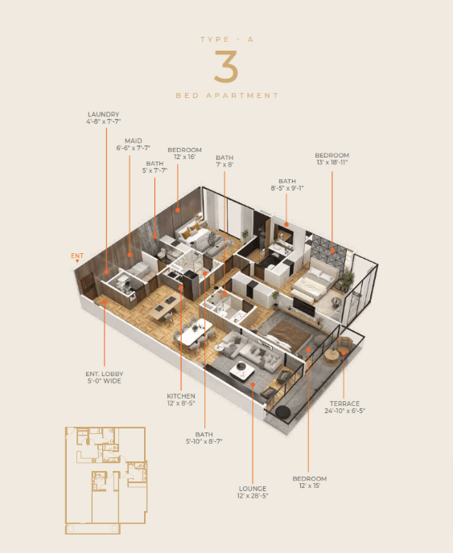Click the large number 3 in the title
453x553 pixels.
point(226,67)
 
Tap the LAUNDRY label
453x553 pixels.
point(104,114)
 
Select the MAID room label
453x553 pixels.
point(133,141)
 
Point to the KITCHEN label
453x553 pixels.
point(181,396)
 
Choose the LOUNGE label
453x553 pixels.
point(253,489)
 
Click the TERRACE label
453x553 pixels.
point(344,403)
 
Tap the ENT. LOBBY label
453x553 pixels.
point(104,374)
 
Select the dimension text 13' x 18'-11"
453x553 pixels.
point(332,162)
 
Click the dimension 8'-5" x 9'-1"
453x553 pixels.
point(287,188)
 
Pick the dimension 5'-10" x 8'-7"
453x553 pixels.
point(204,441)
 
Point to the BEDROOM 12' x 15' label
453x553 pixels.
point(309,482)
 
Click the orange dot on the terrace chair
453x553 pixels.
point(344,353)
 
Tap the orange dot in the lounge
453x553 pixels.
point(253,384)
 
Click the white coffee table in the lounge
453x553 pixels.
point(242,369)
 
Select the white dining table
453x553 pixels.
point(195,332)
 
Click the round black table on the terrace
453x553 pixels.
point(282,412)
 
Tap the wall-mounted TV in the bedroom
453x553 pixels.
point(303,306)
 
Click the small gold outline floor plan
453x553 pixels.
point(106,481)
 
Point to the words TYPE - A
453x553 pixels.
point(227,39)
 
